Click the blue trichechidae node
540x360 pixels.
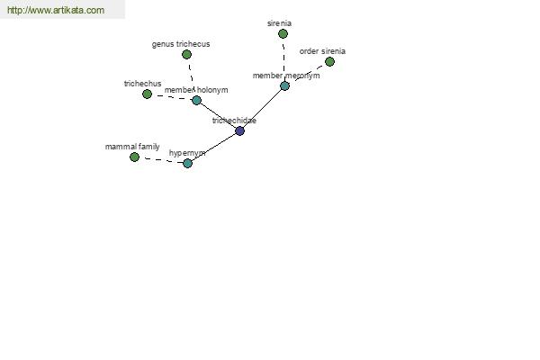point(240,130)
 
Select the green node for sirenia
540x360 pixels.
point(283,34)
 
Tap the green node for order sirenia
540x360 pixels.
point(329,62)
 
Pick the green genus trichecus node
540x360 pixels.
point(186,54)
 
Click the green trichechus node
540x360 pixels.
point(147,94)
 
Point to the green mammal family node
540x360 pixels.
point(135,157)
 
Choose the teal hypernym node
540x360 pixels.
point(188,163)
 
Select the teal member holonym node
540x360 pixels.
point(196,100)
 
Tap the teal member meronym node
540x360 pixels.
point(284,86)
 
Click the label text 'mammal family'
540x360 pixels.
point(132,147)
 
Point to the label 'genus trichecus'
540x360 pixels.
point(181,44)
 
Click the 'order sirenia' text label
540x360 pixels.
point(322,51)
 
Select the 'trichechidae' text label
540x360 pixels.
point(234,121)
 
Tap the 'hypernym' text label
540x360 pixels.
point(187,153)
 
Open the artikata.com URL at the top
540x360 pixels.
point(56,10)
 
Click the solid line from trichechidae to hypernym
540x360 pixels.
point(214,147)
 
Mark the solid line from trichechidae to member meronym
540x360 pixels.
point(263,109)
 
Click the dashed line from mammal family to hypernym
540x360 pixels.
point(161,160)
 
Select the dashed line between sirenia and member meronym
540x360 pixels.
point(283,60)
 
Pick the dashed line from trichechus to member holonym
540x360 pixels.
point(172,97)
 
